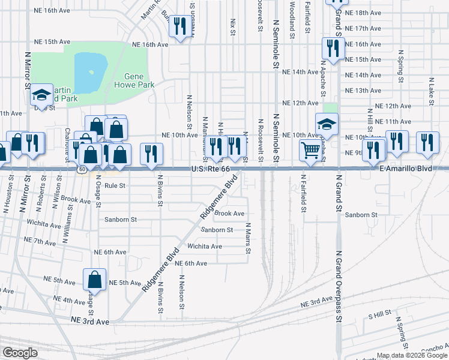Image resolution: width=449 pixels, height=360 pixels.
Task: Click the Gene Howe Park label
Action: (139, 80)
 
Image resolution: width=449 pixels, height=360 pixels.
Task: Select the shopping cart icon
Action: (310, 150)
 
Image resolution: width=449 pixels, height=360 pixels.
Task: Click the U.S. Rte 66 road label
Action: (210, 170)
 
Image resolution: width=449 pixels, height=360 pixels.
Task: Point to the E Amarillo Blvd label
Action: (406, 170)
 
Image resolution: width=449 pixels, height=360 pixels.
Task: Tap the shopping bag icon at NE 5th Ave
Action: (95, 279)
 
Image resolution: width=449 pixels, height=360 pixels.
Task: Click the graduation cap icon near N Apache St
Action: (327, 124)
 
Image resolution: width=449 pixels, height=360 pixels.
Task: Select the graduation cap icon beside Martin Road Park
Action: (42, 94)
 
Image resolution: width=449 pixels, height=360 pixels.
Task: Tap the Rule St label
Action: (114, 186)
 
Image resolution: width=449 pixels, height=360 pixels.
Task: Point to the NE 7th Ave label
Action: (40, 241)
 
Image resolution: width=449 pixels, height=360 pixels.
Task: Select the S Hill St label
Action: (379, 314)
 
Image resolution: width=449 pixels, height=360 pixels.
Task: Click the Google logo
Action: (20, 353)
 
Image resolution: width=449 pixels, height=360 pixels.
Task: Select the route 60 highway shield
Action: (80, 170)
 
